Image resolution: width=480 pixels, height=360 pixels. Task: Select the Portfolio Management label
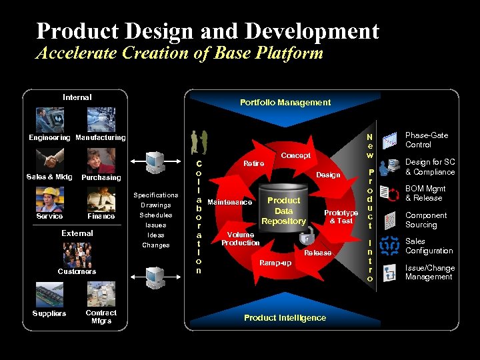tap(285, 103)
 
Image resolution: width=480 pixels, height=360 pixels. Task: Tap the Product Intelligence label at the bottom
tap(285, 318)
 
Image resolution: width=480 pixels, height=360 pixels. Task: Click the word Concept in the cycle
tap(296, 155)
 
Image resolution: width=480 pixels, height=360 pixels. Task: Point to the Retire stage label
tap(253, 163)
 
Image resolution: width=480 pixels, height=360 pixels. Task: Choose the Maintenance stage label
tap(230, 202)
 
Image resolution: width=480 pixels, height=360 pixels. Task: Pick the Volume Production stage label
tap(240, 239)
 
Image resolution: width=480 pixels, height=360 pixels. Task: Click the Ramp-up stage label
tap(275, 263)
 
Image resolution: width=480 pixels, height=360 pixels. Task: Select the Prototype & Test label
tap(341, 217)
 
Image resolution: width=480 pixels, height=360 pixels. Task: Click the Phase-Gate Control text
tap(427, 140)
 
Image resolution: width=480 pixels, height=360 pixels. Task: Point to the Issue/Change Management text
tap(429, 273)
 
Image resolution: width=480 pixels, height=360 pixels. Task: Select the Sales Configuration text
tap(429, 246)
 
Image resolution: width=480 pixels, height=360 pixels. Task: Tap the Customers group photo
tap(77, 254)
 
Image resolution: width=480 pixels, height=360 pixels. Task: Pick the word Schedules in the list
tap(156, 215)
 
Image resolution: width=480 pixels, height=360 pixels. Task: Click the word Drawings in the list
tap(156, 205)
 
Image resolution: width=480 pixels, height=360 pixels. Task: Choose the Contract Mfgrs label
tap(101, 317)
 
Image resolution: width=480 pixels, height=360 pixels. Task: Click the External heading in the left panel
tap(77, 233)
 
